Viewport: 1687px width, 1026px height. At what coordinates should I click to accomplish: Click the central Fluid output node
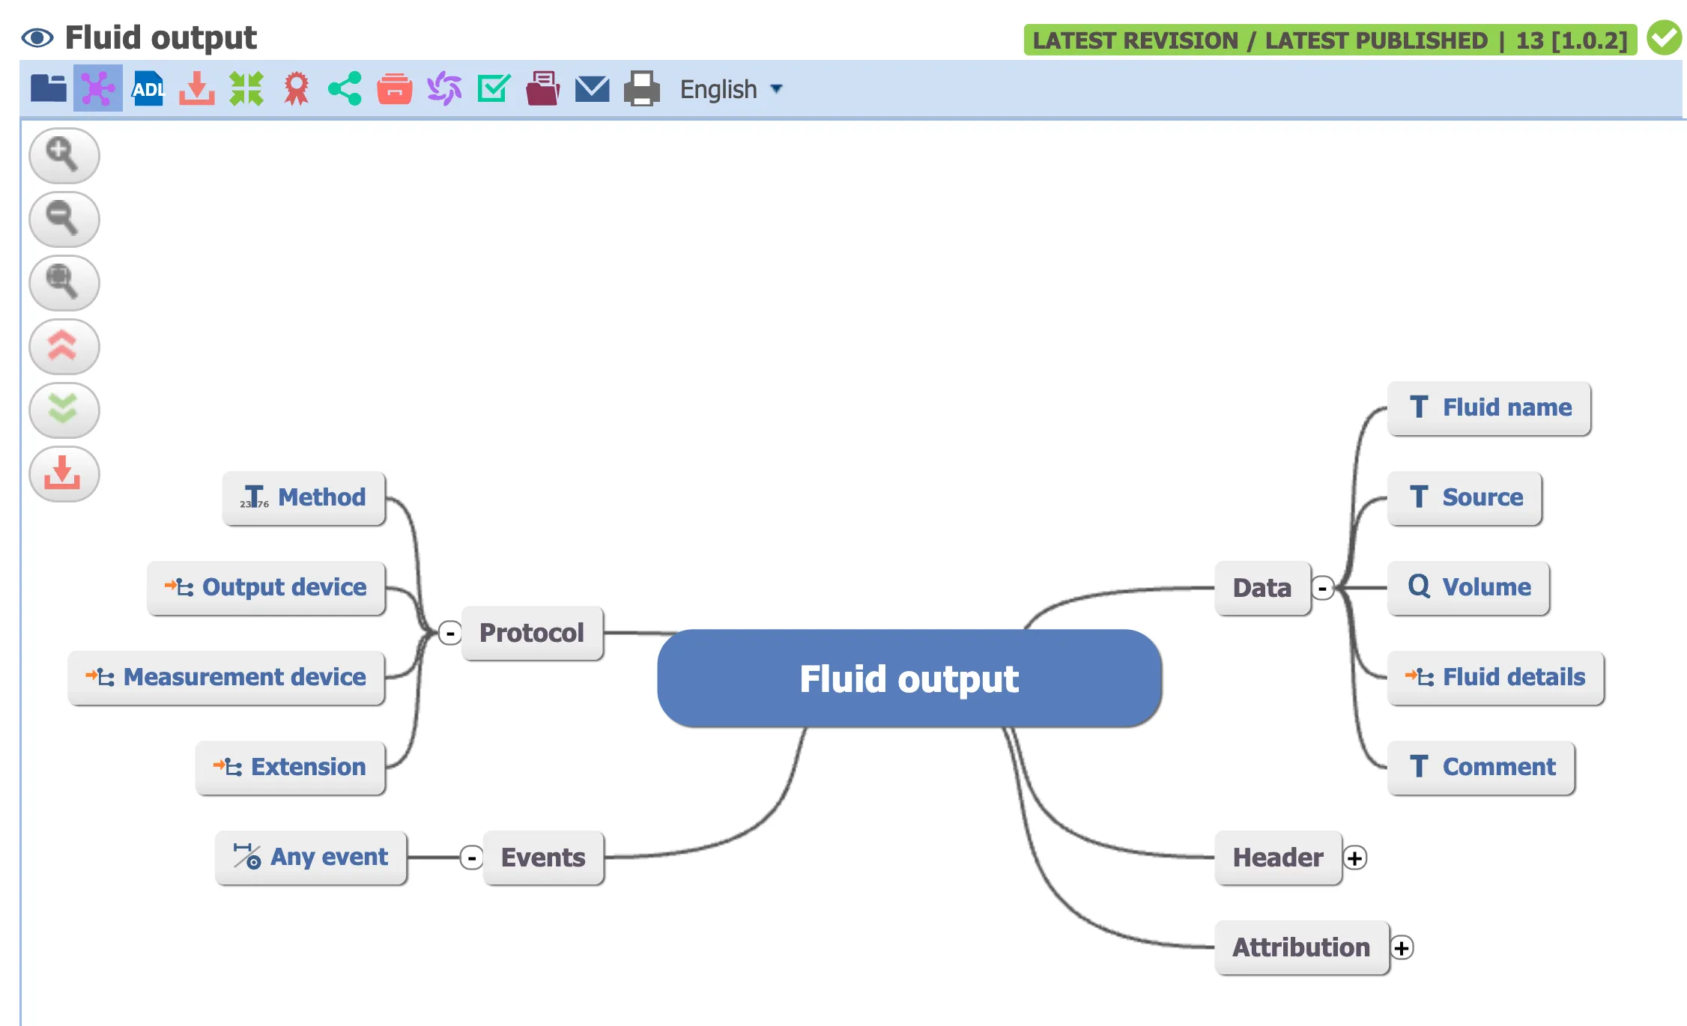(x=909, y=679)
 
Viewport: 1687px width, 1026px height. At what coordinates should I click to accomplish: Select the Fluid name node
(x=1488, y=408)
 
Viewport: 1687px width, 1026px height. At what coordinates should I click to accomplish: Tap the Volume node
(x=1468, y=588)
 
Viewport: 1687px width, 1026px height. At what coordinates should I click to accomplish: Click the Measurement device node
(x=226, y=678)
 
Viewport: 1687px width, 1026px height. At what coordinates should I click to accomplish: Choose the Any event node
(x=311, y=857)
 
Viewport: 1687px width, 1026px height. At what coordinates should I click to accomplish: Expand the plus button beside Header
(x=1354, y=857)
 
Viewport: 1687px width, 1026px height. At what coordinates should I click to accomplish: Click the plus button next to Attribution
(x=1402, y=947)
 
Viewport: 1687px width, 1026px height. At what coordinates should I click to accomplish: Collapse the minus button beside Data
(x=1323, y=589)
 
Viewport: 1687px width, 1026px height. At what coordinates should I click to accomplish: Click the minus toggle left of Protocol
(x=449, y=634)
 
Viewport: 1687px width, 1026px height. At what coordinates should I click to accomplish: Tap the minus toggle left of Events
(x=471, y=857)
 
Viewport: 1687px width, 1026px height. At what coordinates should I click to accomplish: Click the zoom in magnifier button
(x=64, y=155)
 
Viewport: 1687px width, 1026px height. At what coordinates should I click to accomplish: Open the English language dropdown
(x=730, y=89)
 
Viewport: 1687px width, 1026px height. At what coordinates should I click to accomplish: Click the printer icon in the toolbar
(x=641, y=89)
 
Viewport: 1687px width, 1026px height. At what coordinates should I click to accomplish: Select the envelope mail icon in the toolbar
(x=592, y=89)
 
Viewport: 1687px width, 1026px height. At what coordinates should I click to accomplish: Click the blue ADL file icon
(x=148, y=89)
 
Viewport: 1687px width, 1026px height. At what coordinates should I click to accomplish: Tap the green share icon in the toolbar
(x=345, y=89)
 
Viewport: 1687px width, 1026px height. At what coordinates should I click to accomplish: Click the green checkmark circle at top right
(x=1664, y=38)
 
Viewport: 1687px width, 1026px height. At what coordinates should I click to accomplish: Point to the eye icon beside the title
(x=37, y=37)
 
